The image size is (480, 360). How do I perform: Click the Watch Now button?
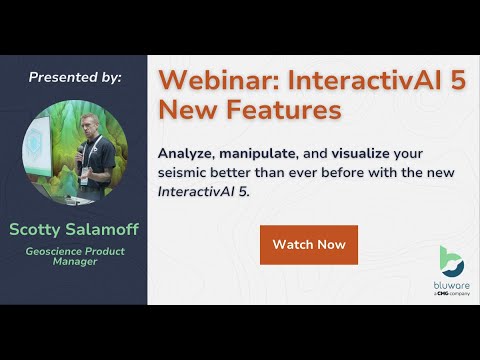[309, 245]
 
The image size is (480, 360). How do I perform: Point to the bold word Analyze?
[189, 154]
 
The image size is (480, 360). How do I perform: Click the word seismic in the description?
[185, 173]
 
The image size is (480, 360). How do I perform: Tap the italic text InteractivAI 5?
[201, 192]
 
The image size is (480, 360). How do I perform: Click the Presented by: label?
[75, 77]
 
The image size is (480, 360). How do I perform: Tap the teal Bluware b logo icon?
[452, 261]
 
